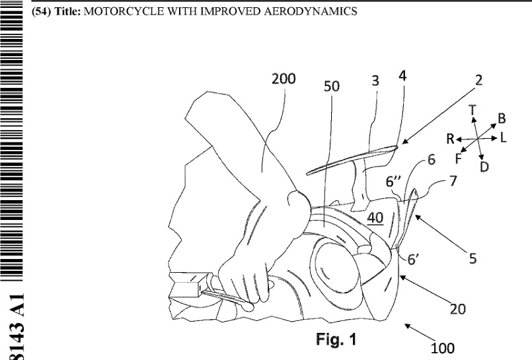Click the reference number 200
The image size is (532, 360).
pyautogui.click(x=284, y=79)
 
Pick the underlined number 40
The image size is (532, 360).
pyautogui.click(x=375, y=218)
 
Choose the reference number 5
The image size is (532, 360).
pyautogui.click(x=473, y=259)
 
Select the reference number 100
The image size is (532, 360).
pyautogui.click(x=442, y=347)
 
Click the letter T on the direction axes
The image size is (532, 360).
pyautogui.click(x=473, y=109)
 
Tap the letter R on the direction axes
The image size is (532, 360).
pyautogui.click(x=449, y=139)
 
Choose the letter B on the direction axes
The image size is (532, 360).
pyautogui.click(x=502, y=118)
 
